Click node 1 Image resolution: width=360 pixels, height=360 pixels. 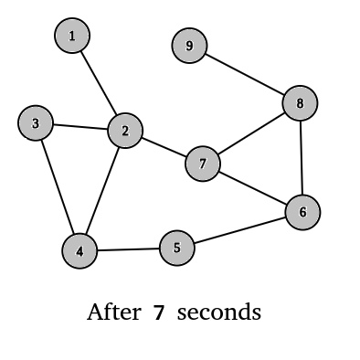[72, 37]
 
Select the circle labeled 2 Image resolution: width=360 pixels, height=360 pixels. [125, 132]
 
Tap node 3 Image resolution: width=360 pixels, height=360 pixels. [36, 123]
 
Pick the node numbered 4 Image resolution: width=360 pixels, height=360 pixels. [79, 251]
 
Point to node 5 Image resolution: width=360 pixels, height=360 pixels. [177, 248]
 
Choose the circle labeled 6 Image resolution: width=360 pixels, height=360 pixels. [302, 213]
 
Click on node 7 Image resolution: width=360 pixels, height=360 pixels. [203, 164]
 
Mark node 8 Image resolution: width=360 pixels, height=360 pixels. [300, 103]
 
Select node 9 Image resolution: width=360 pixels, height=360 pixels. [189, 46]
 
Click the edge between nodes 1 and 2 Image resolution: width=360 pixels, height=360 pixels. [99, 84]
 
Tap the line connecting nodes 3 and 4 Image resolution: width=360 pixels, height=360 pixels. [58, 187]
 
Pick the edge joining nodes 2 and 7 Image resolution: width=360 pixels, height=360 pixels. [164, 148]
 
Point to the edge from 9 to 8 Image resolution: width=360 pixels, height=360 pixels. [244, 74]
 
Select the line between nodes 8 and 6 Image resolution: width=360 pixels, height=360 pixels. [302, 158]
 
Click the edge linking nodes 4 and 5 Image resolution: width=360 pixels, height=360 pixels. [128, 249]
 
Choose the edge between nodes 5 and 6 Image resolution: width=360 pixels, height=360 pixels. [239, 230]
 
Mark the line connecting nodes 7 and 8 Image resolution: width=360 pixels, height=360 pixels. [251, 133]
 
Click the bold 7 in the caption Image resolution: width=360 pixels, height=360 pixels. [158, 312]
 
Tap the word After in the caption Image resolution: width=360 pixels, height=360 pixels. [113, 312]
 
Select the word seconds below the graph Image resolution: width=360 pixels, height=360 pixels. [219, 312]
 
